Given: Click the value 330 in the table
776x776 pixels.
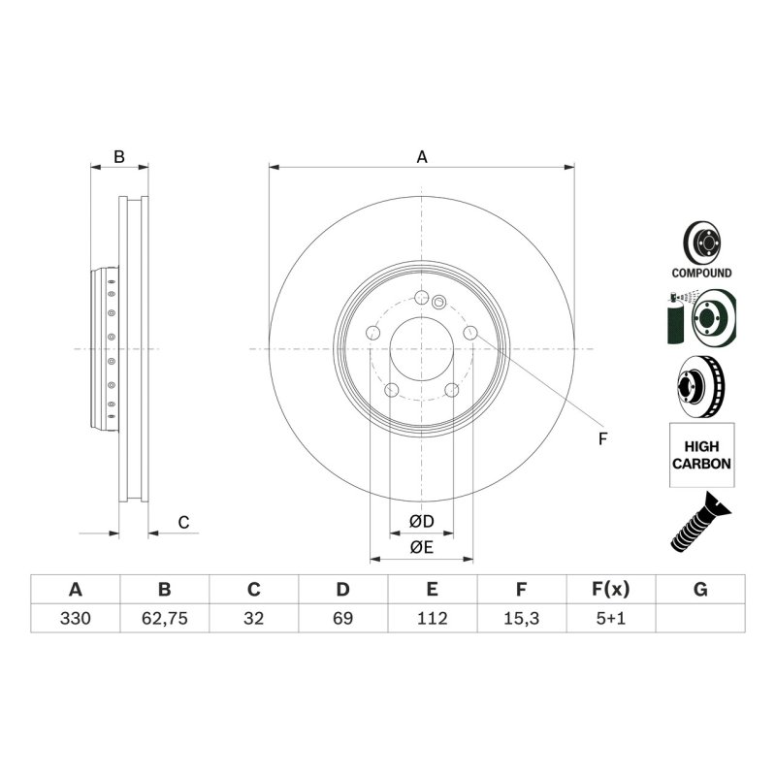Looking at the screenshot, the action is pos(76,618).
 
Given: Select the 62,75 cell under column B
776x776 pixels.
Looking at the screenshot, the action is pos(164,618).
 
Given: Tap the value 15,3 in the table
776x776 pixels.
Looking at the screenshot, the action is pos(521,618).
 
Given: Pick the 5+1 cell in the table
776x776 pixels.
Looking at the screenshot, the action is pos(611,618).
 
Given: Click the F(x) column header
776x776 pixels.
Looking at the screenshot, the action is pos(611,589).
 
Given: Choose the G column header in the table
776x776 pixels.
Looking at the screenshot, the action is pos(700,589).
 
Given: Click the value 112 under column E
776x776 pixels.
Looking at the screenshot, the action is pos(432,618).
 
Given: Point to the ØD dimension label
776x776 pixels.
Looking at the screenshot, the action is pos(422,521).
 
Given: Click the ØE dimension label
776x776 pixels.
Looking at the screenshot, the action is pos(422,547).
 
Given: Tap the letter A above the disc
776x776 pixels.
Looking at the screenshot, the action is pos(422,157).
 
